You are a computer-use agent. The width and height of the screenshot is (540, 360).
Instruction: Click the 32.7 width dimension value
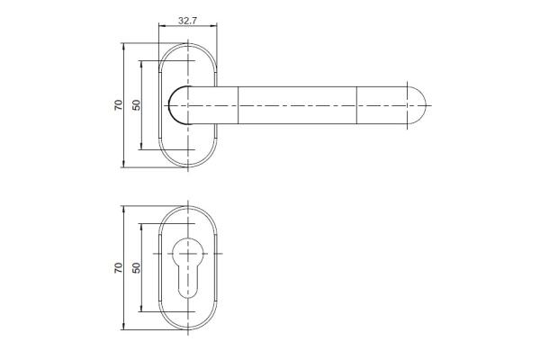(x=187, y=21)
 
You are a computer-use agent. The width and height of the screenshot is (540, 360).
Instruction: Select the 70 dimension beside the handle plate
(x=118, y=104)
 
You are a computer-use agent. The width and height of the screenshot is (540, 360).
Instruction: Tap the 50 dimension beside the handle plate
(x=137, y=104)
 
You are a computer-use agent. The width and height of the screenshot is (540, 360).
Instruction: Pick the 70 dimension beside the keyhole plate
(x=118, y=267)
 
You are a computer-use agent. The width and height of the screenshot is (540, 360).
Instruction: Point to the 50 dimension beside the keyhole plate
(x=137, y=267)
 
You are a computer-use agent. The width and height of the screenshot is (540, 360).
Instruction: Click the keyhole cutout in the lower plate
(x=188, y=267)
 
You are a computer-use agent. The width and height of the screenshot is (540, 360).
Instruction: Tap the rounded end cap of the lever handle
(x=417, y=105)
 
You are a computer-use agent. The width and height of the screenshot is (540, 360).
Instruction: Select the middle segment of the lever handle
(x=298, y=105)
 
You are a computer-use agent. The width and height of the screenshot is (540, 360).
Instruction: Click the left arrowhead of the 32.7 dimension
(x=161, y=25)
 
